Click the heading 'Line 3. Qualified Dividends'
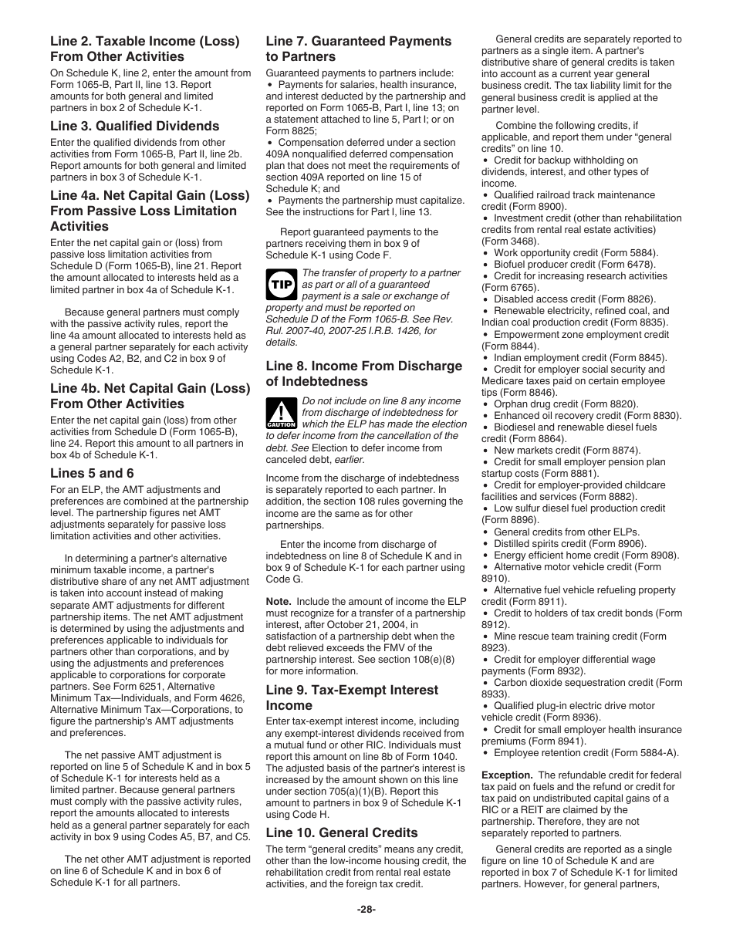point(134,126)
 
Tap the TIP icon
point(280,285)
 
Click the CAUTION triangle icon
point(281,414)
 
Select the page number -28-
point(366,909)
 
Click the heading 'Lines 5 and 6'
point(92,473)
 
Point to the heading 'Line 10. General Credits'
point(342,832)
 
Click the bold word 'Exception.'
point(507,775)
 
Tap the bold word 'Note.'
point(279,601)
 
